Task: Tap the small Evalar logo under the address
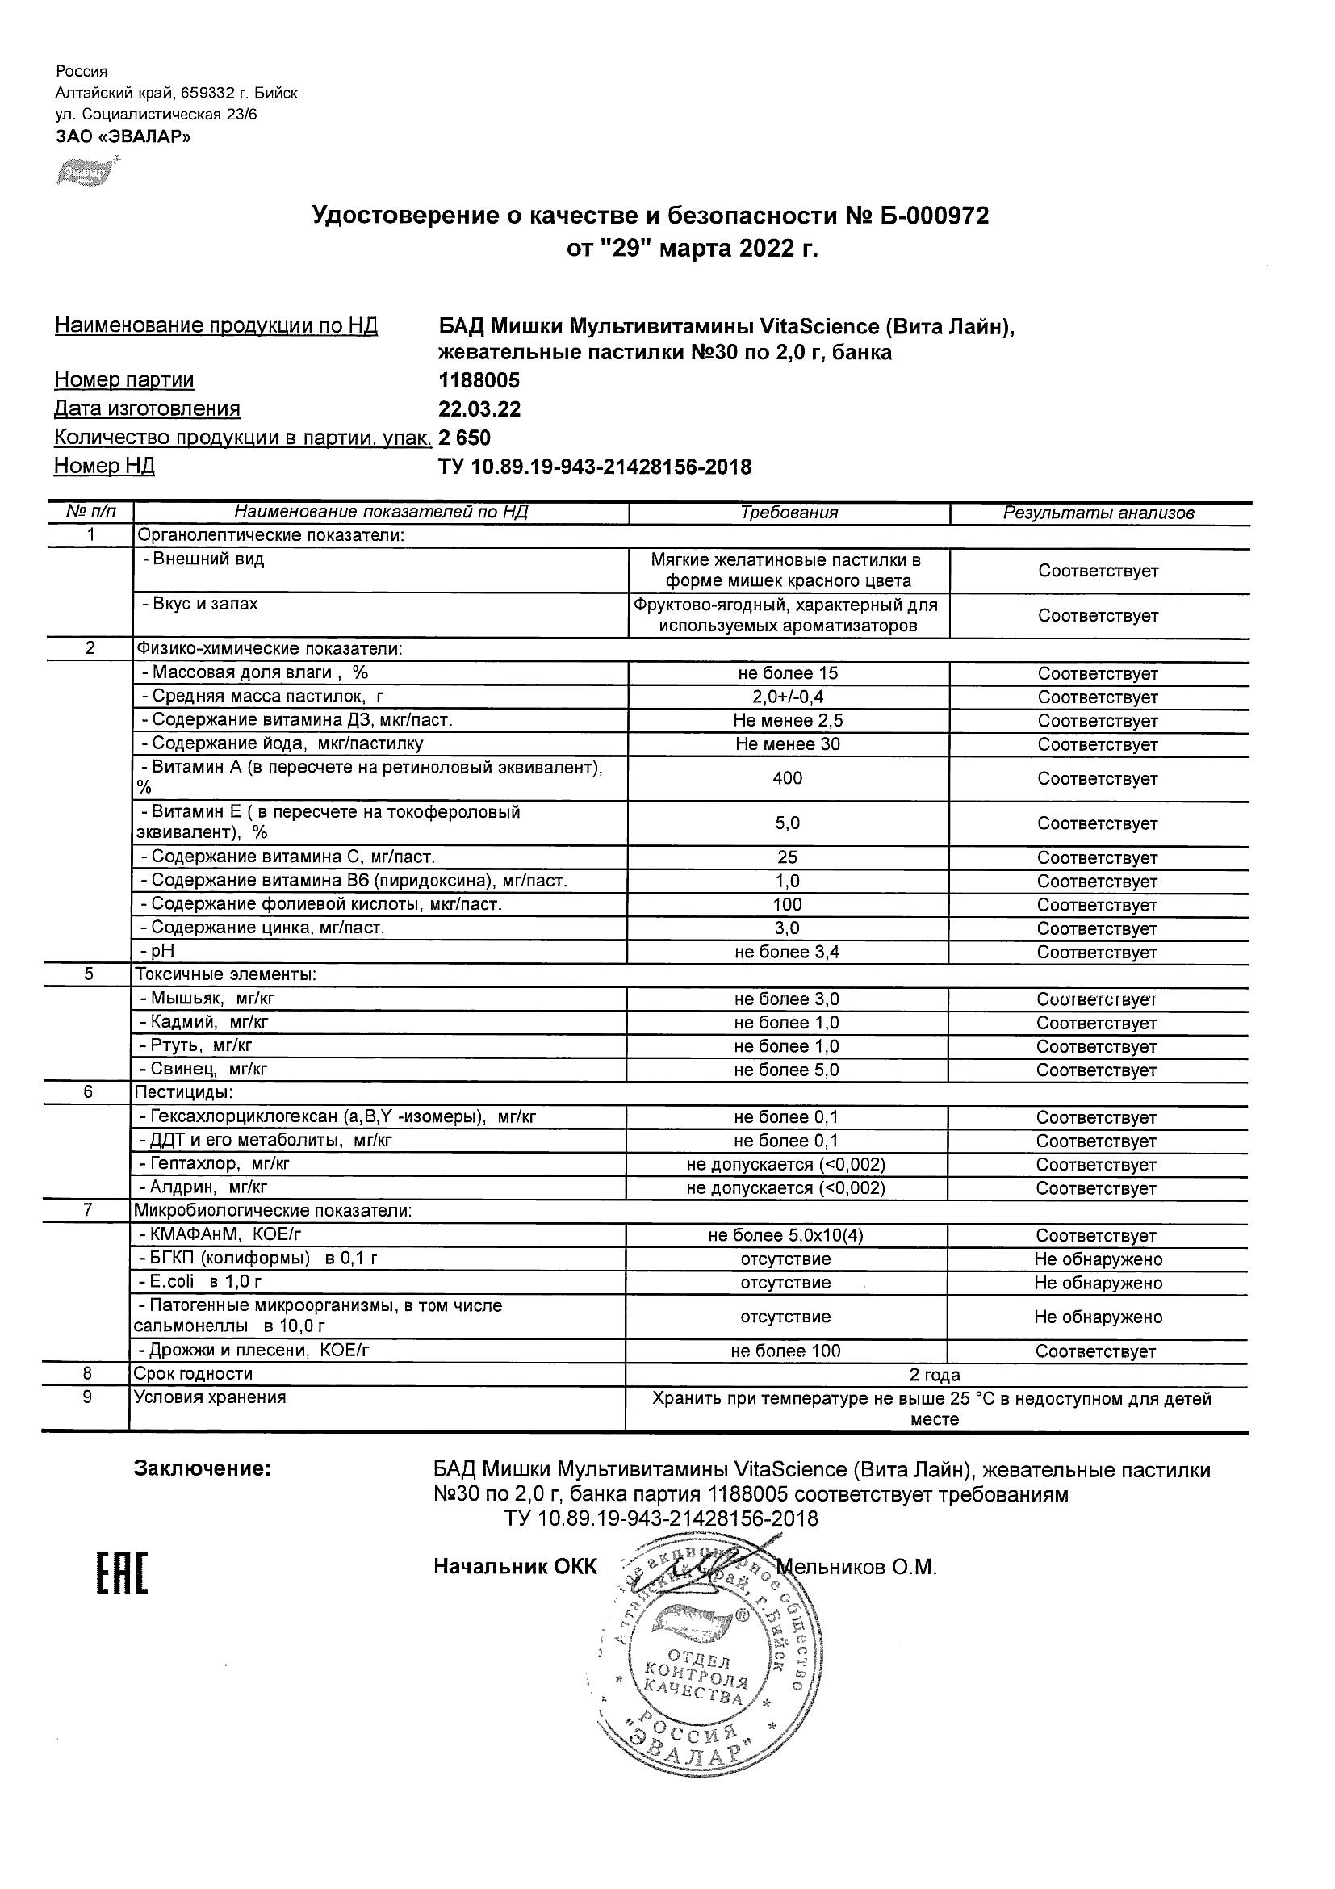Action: click(85, 173)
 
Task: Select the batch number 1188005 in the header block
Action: click(479, 380)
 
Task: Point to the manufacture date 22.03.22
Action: click(479, 409)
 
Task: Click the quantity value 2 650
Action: click(465, 438)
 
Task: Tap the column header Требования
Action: click(789, 513)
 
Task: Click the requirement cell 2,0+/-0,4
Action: click(788, 697)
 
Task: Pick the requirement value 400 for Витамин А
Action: click(787, 778)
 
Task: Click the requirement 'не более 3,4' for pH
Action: click(787, 953)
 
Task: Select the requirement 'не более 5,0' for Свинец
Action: click(787, 1070)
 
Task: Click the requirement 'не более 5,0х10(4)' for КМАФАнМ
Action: click(785, 1236)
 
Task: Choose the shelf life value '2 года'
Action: click(935, 1375)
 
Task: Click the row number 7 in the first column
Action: click(87, 1210)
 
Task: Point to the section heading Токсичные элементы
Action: click(225, 975)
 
